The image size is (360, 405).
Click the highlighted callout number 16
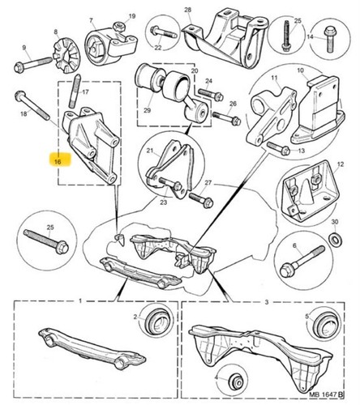[58, 162]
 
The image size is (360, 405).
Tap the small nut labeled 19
[118, 27]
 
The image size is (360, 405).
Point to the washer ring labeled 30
[336, 239]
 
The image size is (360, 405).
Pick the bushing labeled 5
[325, 324]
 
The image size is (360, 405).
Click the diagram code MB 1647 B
[326, 394]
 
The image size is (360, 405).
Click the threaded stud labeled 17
[75, 92]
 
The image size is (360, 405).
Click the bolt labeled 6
[302, 262]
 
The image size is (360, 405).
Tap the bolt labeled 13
[278, 148]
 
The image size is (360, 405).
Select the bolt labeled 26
[226, 118]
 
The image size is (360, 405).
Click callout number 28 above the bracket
[187, 10]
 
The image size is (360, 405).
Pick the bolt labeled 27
[201, 200]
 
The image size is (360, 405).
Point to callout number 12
[341, 164]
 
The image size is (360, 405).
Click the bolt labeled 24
[211, 94]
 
